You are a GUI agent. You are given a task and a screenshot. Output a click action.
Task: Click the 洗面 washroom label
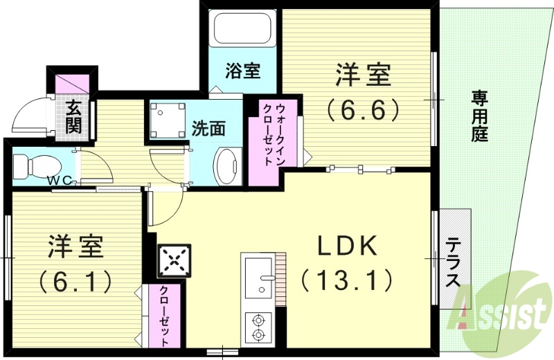(208, 129)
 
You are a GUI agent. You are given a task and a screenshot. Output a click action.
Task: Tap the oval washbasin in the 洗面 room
(226, 166)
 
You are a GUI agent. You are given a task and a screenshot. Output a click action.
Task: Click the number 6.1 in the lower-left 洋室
(75, 280)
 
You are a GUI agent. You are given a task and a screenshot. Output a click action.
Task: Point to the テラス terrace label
(454, 263)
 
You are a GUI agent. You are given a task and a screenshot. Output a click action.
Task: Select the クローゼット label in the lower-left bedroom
(165, 316)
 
